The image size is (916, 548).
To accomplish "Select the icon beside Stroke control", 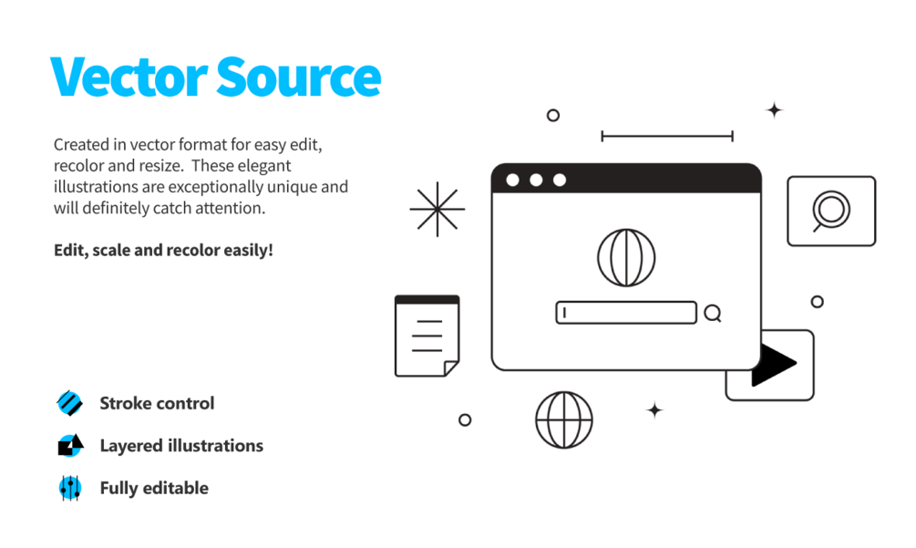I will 69,403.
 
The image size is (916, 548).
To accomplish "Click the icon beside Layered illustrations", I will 69,446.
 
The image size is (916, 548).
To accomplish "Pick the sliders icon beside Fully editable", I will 69,488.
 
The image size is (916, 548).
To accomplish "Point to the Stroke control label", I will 157,403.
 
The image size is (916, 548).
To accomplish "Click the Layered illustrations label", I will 181,446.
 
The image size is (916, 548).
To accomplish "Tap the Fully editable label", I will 154,488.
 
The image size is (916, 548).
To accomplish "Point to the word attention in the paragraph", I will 233,208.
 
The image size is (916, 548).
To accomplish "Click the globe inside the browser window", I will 626,257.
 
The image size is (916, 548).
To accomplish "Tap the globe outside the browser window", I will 564,420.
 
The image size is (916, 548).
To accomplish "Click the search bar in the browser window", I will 626,313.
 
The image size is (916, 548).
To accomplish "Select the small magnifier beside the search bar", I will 713,314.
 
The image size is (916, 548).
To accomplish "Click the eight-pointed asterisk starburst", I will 437,209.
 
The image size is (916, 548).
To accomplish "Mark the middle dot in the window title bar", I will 536,180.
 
